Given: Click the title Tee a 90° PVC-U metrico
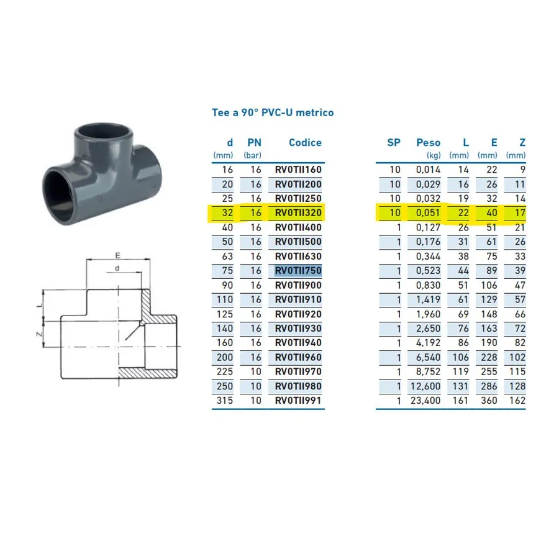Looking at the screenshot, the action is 273,112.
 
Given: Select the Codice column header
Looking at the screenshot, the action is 305,143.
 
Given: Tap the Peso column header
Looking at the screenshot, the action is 428,143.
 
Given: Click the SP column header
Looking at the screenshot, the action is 394,143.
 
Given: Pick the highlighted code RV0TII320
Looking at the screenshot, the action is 298,213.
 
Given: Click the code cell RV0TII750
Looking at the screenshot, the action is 298,271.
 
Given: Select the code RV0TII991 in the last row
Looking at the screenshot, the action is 298,401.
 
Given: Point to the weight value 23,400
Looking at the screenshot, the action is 425,401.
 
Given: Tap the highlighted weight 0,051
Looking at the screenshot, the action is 428,213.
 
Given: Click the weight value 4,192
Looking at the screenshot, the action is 428,343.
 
